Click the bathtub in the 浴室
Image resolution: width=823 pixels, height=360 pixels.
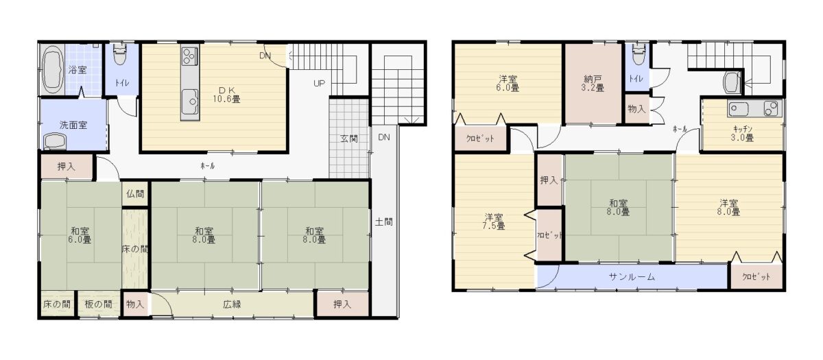click(53, 69)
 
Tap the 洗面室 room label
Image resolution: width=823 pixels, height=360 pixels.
click(73, 125)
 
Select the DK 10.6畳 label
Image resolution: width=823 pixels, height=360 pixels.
click(226, 95)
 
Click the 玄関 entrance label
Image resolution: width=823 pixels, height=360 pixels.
click(348, 139)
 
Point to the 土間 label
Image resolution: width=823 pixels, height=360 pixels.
click(383, 222)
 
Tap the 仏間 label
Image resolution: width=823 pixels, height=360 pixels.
click(135, 193)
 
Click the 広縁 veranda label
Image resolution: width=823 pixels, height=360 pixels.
click(232, 304)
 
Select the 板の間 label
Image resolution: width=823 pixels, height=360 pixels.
click(98, 304)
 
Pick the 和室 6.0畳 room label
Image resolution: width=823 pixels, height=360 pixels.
click(80, 235)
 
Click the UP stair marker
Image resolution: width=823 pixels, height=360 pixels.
click(319, 84)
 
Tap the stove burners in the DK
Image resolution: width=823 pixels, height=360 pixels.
click(189, 56)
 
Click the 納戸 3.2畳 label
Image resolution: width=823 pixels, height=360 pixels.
click(593, 84)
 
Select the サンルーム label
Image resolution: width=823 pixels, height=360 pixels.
click(632, 276)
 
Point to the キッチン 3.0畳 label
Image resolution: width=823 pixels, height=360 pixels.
click(742, 133)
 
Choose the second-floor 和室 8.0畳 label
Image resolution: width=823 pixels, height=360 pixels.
click(619, 208)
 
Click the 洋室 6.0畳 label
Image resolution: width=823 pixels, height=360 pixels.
click(508, 84)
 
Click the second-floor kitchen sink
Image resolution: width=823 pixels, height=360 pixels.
click(739, 108)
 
